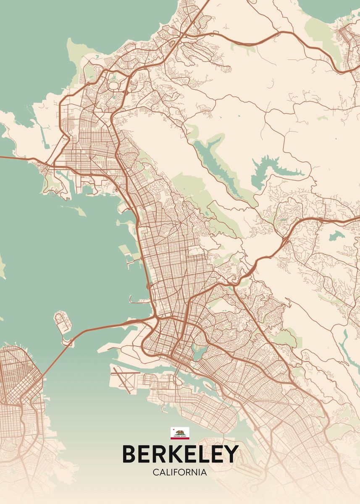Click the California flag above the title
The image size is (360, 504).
click(x=180, y=433)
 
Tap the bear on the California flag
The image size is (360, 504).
click(x=180, y=432)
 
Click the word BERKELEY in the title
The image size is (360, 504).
click(x=180, y=454)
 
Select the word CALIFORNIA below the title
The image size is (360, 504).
click(x=180, y=472)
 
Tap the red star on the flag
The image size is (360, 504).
click(x=173, y=429)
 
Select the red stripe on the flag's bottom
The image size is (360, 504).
click(x=180, y=438)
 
